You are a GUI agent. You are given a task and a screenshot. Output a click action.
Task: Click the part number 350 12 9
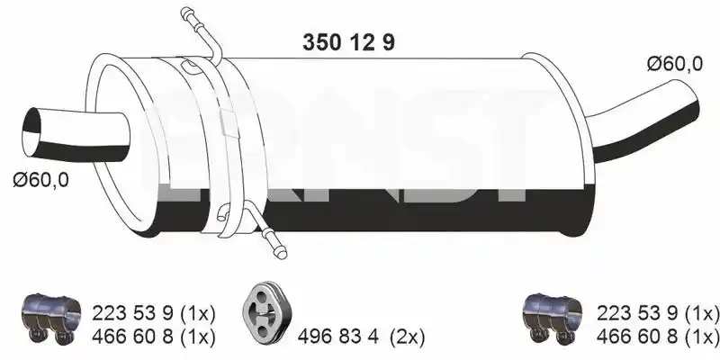(x=348, y=42)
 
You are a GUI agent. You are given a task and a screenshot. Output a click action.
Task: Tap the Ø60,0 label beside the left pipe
(x=40, y=179)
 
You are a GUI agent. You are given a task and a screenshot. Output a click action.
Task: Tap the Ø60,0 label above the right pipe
(x=674, y=64)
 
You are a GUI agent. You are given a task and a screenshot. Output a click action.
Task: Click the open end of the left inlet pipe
(x=31, y=132)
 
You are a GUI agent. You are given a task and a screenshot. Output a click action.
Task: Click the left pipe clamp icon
(x=51, y=316)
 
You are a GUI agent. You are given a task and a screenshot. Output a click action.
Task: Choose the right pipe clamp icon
(x=553, y=316)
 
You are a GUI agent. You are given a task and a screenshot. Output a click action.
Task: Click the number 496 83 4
(x=338, y=337)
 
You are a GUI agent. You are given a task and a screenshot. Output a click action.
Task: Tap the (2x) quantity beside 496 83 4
(x=408, y=337)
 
